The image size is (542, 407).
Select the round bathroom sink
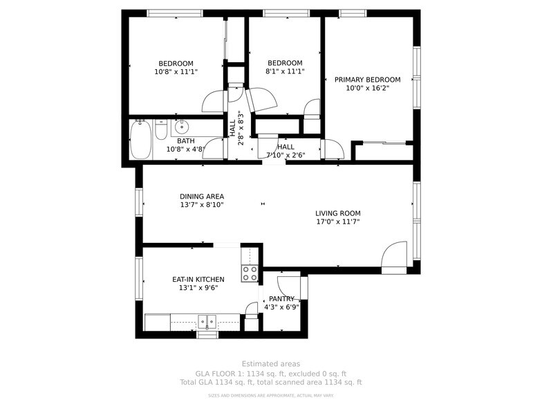click(x=181, y=127)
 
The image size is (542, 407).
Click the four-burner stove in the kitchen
click(x=250, y=273)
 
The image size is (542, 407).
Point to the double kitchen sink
click(x=207, y=321)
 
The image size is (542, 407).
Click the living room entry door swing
click(x=394, y=254)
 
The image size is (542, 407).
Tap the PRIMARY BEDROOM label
click(x=367, y=80)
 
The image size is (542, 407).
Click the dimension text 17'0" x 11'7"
click(x=338, y=222)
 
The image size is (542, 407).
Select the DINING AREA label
click(x=201, y=197)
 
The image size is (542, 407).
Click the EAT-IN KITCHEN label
click(x=198, y=280)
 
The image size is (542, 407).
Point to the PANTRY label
click(x=281, y=299)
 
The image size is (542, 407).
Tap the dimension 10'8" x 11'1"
click(x=176, y=71)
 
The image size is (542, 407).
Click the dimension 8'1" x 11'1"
click(x=285, y=71)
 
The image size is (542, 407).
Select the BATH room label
click(x=176, y=141)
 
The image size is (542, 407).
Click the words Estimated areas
click(x=270, y=364)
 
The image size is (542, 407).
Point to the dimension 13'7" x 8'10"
click(x=201, y=205)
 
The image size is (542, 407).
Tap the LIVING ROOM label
click(x=338, y=213)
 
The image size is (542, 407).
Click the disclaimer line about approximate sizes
click(x=270, y=396)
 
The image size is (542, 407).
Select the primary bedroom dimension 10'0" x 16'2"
click(x=367, y=88)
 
